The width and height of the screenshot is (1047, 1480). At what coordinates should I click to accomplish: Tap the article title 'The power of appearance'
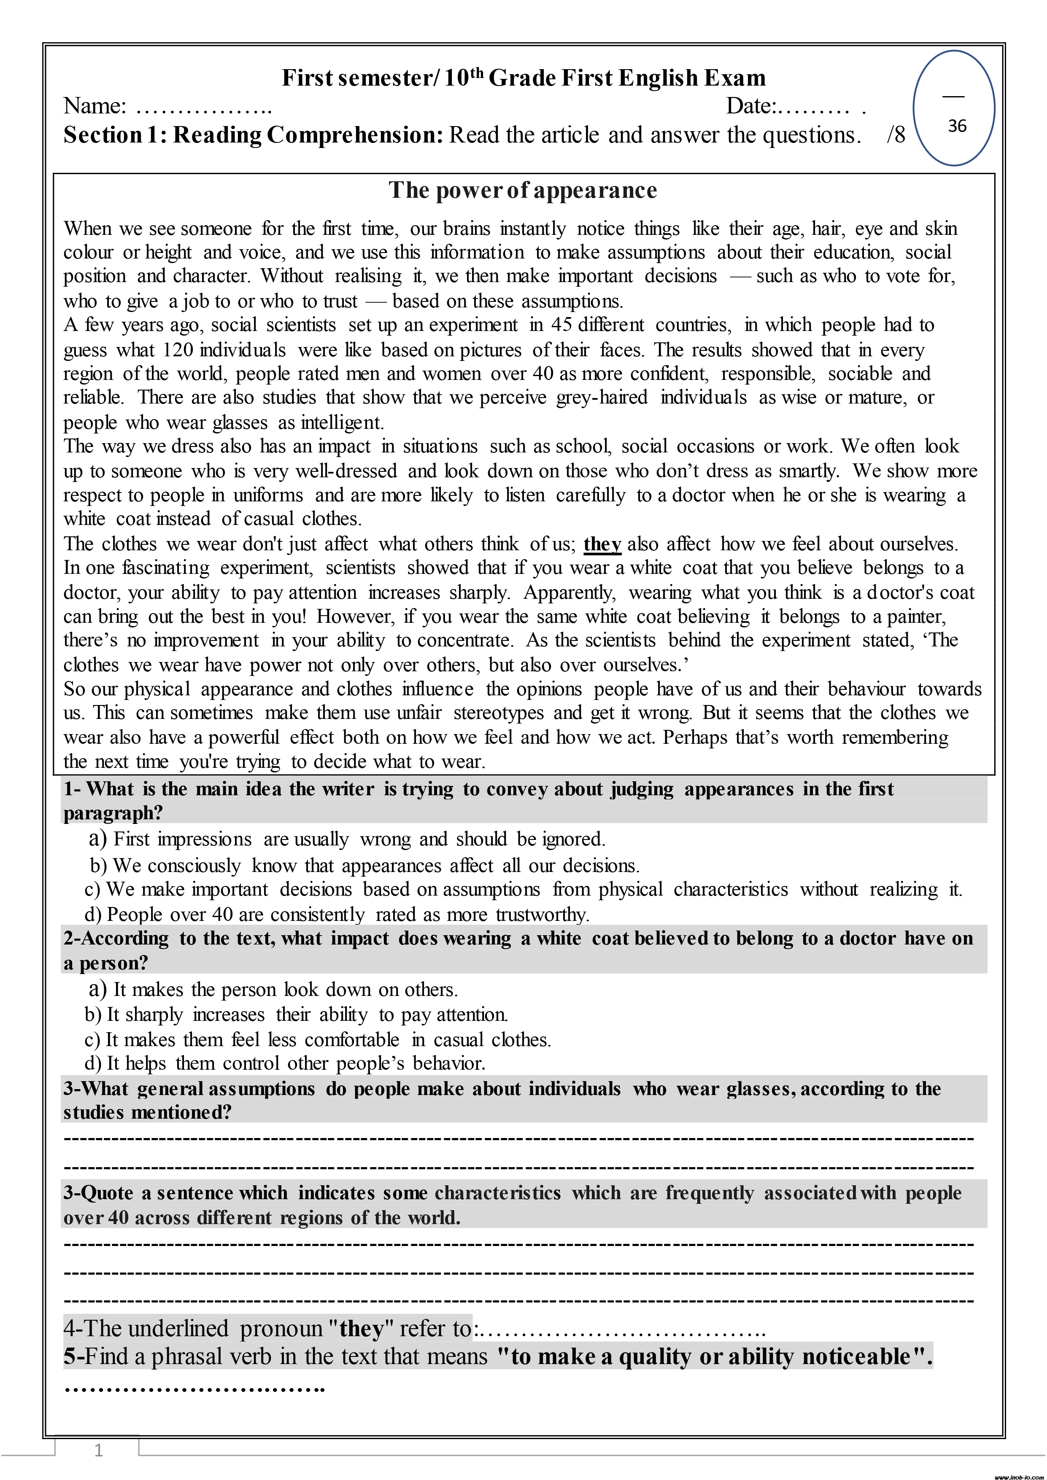click(x=523, y=191)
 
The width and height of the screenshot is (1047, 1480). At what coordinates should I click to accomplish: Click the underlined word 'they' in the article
click(x=602, y=544)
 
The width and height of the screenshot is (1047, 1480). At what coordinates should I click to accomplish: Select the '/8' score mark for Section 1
click(x=896, y=135)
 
